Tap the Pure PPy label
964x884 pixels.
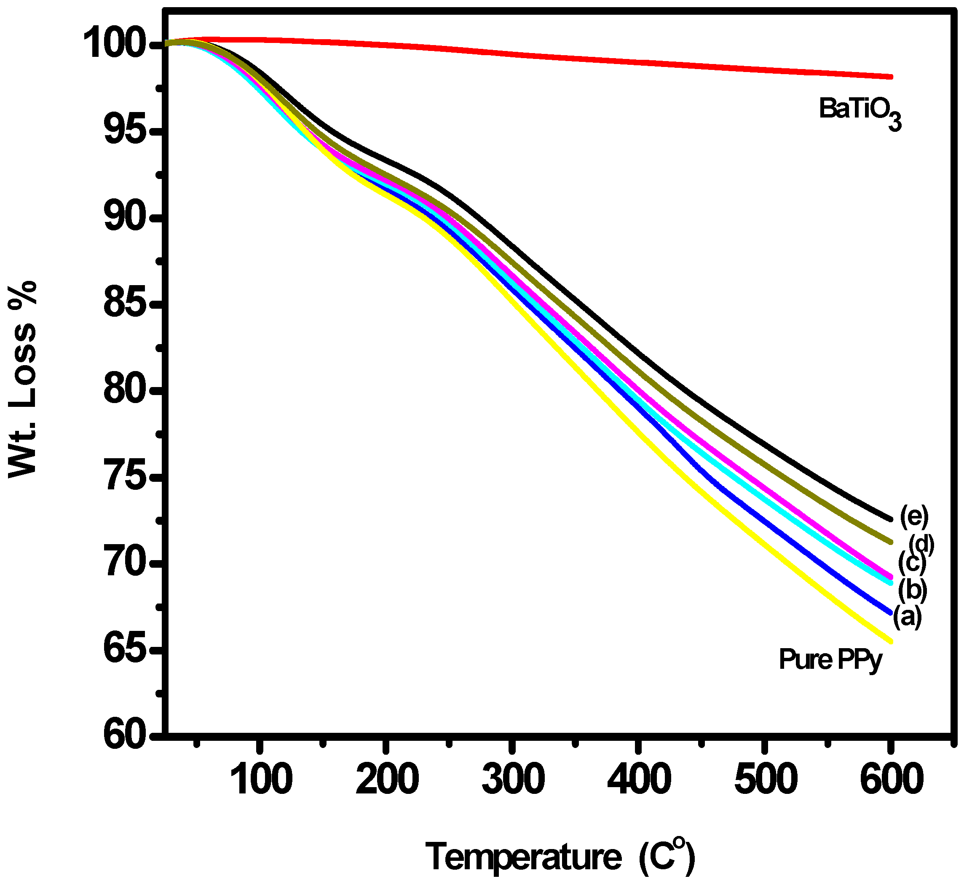[830, 660]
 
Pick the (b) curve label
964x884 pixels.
[912, 590]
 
